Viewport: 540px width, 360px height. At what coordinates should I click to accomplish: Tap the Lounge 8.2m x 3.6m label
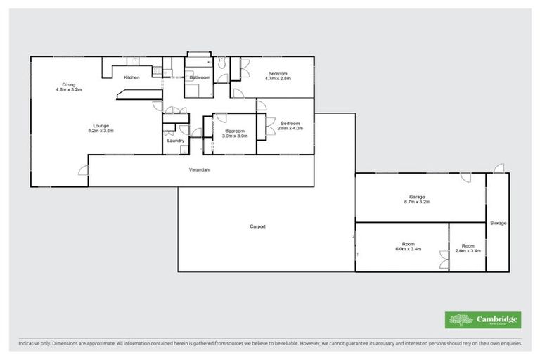pyautogui.click(x=101, y=128)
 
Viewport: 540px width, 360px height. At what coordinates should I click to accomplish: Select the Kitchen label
pyautogui.click(x=132, y=77)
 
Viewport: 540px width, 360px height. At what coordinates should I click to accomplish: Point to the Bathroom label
pyautogui.click(x=200, y=77)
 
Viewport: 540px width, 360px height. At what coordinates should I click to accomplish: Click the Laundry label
pyautogui.click(x=176, y=140)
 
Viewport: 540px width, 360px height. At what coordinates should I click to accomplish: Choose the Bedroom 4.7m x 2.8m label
pyautogui.click(x=278, y=75)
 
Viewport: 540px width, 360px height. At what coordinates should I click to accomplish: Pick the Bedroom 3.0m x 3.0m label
pyautogui.click(x=234, y=133)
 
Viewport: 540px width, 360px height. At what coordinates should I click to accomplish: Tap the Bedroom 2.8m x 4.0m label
pyautogui.click(x=289, y=125)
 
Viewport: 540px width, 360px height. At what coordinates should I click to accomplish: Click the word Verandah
pyautogui.click(x=199, y=170)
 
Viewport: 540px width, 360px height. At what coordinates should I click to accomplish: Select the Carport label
pyautogui.click(x=257, y=226)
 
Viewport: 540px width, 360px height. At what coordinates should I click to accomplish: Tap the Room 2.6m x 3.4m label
pyautogui.click(x=468, y=247)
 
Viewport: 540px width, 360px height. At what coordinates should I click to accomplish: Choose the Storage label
pyautogui.click(x=498, y=223)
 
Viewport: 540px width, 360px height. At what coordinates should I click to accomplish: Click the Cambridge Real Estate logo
pyautogui.click(x=483, y=320)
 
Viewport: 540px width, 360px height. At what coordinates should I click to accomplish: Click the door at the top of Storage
pyautogui.click(x=499, y=169)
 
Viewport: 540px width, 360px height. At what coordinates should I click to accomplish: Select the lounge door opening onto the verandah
pyautogui.click(x=83, y=171)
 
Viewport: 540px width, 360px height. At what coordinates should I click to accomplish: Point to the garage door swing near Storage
pyautogui.click(x=465, y=178)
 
